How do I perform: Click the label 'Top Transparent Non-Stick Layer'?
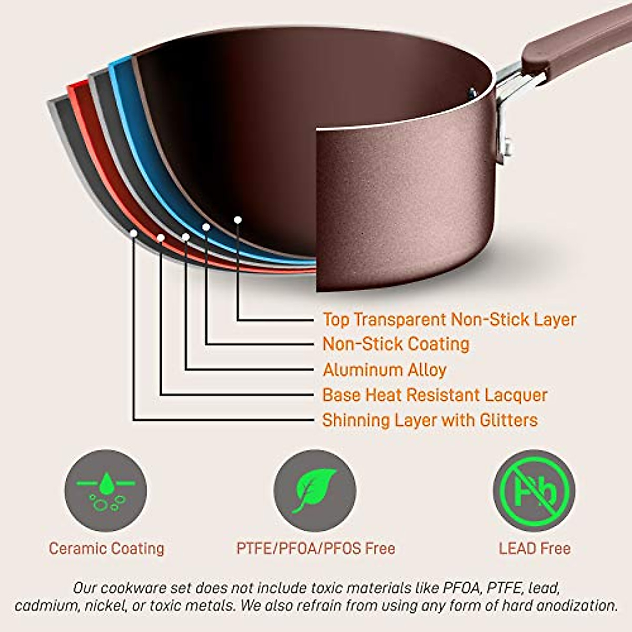tap(449, 320)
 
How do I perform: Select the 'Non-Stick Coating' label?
tap(396, 344)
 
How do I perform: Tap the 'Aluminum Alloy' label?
tap(384, 370)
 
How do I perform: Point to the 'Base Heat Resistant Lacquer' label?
tap(435, 395)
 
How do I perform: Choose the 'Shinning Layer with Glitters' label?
tap(430, 420)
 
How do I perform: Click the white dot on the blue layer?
tap(206, 227)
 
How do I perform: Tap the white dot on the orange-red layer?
tap(161, 238)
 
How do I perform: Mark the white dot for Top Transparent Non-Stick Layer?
tap(238, 220)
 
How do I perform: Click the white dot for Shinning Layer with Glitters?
tap(134, 233)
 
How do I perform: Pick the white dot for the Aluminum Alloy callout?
tap(185, 238)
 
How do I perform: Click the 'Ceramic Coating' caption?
tap(106, 549)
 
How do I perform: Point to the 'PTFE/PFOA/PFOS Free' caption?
tap(315, 549)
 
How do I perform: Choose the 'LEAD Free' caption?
tap(535, 549)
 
